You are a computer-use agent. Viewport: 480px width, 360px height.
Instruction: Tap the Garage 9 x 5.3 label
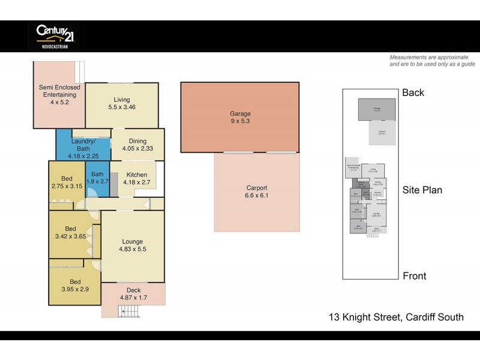coord(240,118)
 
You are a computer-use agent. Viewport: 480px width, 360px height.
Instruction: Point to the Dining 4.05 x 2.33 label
coord(137,145)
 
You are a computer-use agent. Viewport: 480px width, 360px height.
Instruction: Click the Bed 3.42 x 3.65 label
coord(71,233)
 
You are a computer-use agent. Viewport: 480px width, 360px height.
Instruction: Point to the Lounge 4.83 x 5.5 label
coord(133,244)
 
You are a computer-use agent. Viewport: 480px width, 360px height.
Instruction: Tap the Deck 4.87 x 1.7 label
coord(133,294)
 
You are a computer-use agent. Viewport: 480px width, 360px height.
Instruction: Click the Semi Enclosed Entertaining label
coord(59,95)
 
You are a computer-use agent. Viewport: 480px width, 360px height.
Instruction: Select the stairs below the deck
coord(128,310)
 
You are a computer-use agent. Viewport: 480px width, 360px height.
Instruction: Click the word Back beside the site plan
coord(413,92)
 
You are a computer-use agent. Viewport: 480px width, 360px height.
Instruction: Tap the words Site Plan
coord(422,190)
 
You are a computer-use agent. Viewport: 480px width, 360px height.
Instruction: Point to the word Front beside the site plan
coord(414,276)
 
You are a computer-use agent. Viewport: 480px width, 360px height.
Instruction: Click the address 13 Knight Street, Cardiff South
coord(395,317)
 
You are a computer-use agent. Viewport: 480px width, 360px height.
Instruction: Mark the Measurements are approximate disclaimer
coord(432,61)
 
